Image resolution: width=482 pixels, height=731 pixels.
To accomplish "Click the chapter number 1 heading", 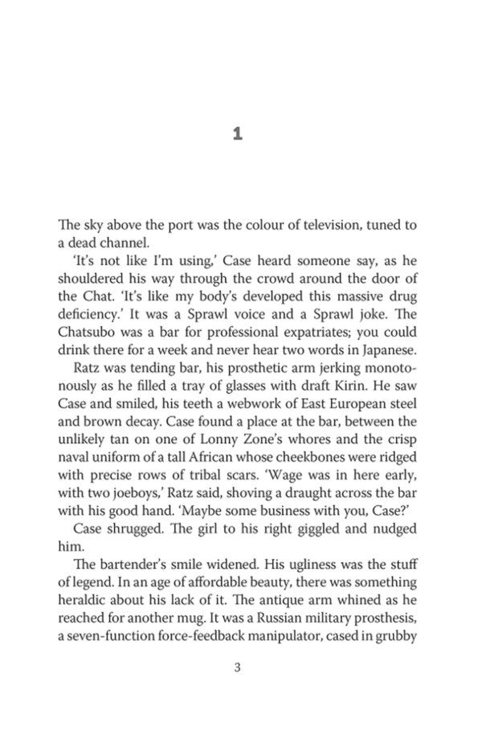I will click(x=237, y=135).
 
